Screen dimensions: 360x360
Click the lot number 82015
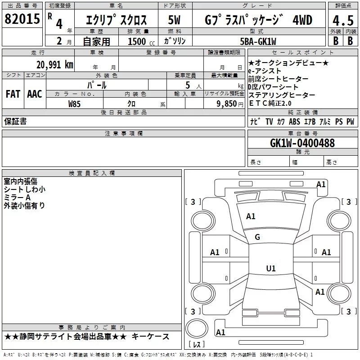22,19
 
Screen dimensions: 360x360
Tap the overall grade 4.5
343,20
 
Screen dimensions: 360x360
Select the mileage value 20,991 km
55,65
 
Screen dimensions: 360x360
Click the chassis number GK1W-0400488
302,143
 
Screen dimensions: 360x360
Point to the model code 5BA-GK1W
258,41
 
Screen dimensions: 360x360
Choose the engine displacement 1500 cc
141,41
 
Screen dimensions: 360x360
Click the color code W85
74,104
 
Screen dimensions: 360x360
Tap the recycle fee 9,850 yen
230,104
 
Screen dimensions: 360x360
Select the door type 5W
174,20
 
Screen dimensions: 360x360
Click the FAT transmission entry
13,94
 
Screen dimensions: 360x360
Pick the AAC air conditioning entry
35,94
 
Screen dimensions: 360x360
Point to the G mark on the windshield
257,237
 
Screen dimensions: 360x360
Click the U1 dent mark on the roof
271,268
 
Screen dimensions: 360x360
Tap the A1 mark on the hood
251,216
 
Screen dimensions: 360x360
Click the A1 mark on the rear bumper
220,332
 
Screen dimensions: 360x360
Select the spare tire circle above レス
197,328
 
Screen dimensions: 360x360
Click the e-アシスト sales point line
265,71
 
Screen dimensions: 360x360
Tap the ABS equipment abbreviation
294,121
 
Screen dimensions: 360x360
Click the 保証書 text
15,121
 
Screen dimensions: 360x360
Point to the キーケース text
151,337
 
